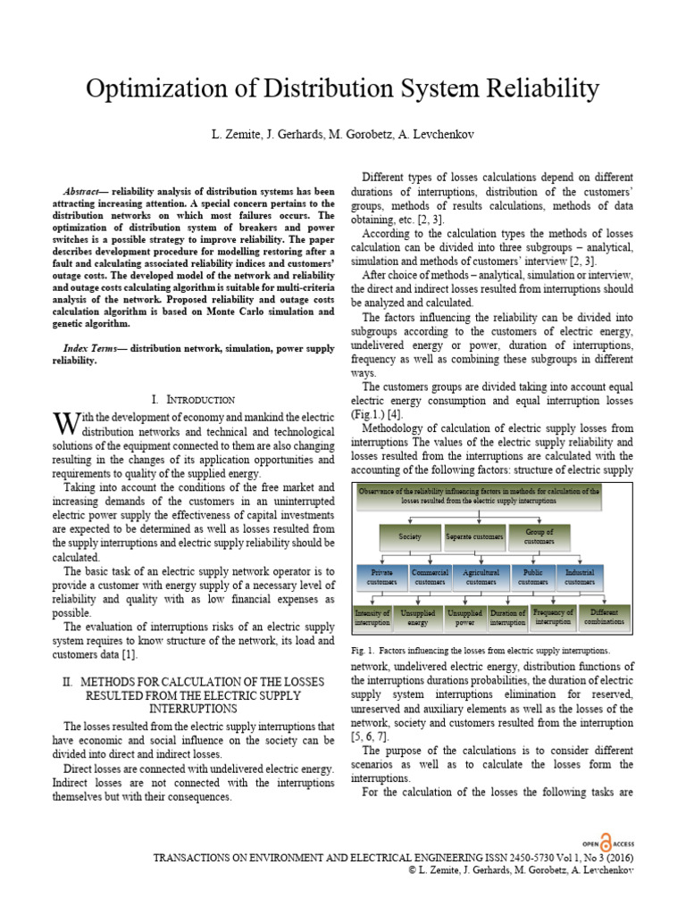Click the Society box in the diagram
[x=410, y=538]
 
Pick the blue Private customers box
[x=381, y=577]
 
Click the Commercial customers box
[x=430, y=577]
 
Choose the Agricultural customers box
[x=481, y=577]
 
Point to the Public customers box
[x=533, y=577]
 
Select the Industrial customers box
[x=580, y=577]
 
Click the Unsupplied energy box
[x=418, y=619]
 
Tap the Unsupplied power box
[x=464, y=619]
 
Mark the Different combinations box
[x=605, y=618]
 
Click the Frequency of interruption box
[x=553, y=618]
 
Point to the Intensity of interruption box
[x=372, y=618]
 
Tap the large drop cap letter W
[x=62, y=422]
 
